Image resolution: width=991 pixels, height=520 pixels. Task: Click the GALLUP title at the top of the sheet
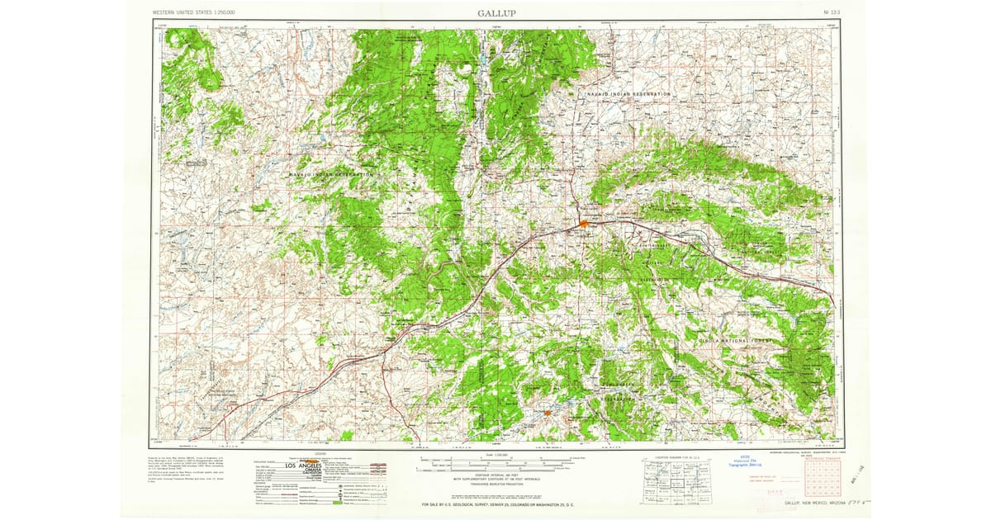[x=497, y=12]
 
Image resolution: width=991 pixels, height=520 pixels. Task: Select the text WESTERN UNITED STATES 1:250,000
[x=194, y=13]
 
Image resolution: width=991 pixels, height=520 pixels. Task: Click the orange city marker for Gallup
[x=584, y=223]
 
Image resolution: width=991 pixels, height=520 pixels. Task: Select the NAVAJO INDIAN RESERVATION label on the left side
[x=332, y=175]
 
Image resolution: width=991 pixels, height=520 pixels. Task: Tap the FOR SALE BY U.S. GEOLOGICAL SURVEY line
[x=495, y=503]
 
